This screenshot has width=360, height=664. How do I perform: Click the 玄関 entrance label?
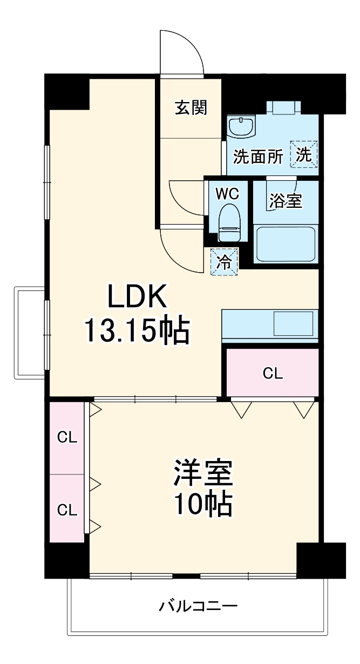[x=191, y=107]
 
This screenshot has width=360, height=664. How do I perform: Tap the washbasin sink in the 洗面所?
[x=241, y=127]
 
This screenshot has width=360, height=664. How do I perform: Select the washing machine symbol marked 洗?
[x=304, y=154]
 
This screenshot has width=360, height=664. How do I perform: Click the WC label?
[x=227, y=194]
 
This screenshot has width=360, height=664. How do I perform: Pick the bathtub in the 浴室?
[x=286, y=243]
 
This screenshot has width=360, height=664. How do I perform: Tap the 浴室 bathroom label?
[x=286, y=201]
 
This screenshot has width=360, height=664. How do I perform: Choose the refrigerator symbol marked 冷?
[x=224, y=262]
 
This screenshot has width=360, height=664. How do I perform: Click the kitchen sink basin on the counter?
[x=293, y=323]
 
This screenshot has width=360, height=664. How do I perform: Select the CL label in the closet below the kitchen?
[x=273, y=374]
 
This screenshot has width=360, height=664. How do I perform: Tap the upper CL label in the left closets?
[x=67, y=437]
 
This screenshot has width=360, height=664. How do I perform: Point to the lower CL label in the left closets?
[x=67, y=510]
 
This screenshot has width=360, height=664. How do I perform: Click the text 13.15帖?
[x=137, y=331]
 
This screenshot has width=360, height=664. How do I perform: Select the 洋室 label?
[x=203, y=473]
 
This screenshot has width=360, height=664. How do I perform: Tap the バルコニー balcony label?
[x=198, y=606]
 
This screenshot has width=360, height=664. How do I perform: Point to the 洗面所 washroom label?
[x=259, y=156]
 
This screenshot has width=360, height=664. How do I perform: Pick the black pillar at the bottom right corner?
[x=321, y=560]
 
